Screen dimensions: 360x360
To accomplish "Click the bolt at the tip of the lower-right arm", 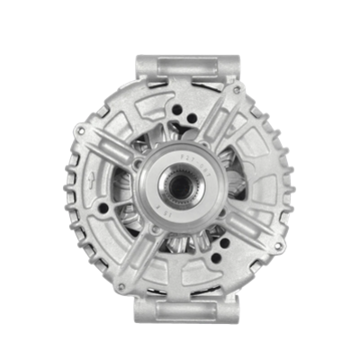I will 278,244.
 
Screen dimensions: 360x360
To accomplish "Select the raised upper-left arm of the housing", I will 112,149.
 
